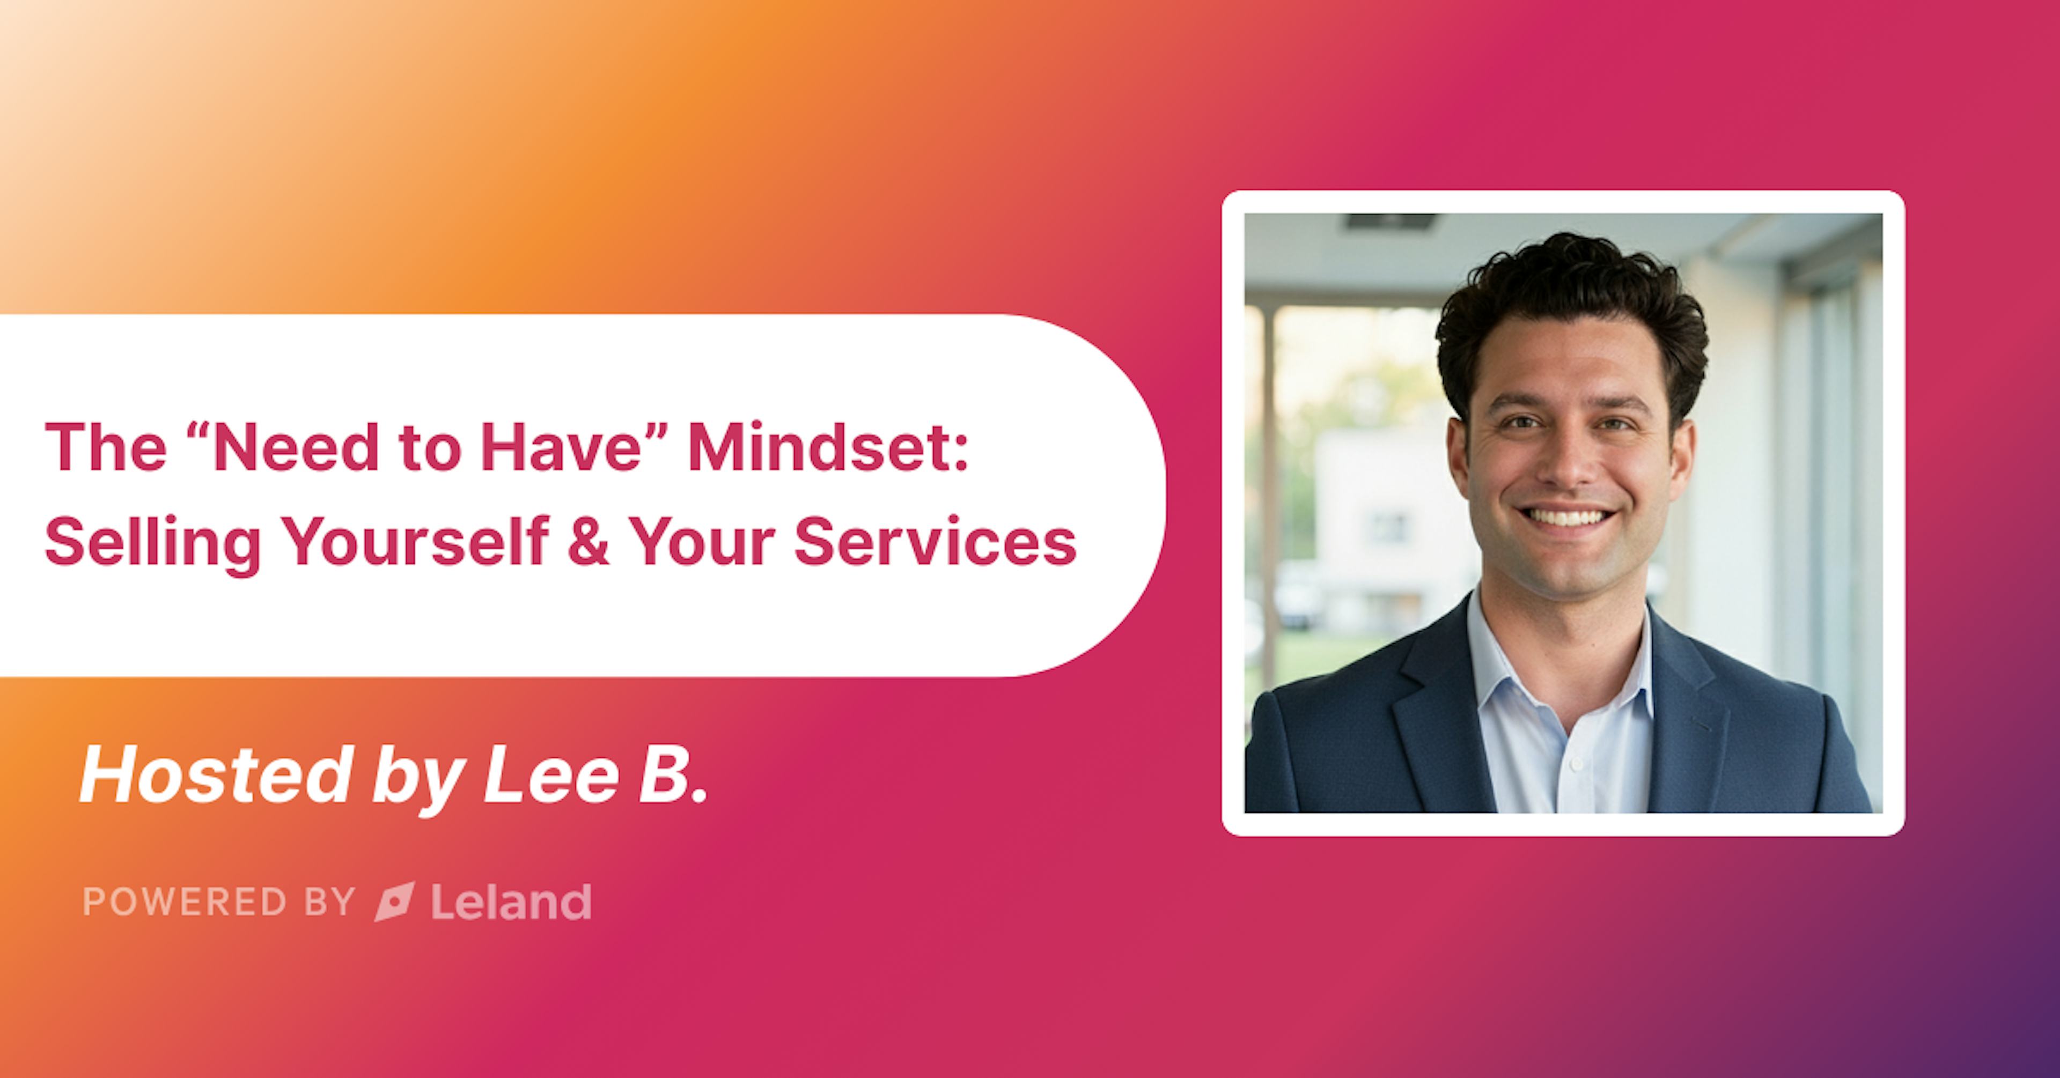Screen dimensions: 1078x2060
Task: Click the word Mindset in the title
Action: click(828, 447)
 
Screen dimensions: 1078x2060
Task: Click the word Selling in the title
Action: click(152, 543)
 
